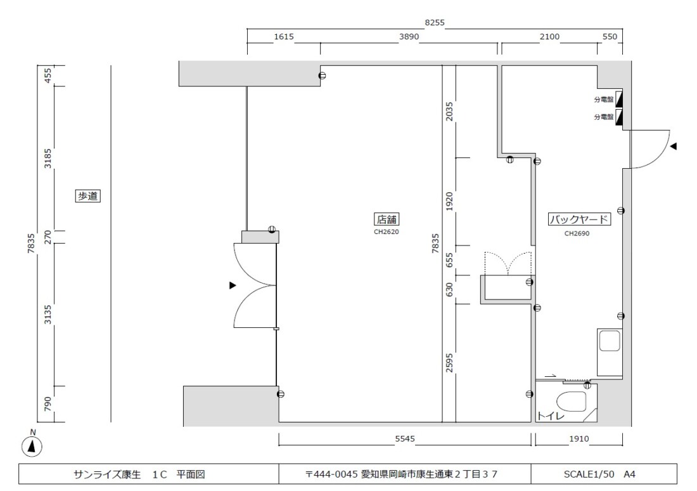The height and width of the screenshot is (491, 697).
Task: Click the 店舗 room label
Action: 387,219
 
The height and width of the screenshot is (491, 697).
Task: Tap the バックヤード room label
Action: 579,219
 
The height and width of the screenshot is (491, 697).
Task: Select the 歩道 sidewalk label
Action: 87,196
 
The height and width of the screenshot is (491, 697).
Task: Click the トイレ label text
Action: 551,416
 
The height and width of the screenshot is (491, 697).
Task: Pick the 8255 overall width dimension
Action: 434,23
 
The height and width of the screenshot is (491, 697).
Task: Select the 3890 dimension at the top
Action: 409,37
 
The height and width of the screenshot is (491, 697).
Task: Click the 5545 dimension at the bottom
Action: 404,438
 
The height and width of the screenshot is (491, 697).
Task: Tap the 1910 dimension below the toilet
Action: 579,438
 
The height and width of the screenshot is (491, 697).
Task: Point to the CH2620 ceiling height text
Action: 387,232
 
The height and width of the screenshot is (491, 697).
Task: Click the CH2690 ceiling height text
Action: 577,233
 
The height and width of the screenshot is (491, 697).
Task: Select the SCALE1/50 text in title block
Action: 589,474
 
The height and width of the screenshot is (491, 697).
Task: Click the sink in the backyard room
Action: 610,352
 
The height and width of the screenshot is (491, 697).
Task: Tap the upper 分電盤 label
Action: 604,99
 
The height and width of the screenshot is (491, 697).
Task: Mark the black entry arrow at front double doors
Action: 233,285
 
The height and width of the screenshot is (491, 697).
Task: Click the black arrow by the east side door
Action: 674,146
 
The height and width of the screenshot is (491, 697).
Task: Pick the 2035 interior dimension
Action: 449,111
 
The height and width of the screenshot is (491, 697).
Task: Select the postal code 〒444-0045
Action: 331,474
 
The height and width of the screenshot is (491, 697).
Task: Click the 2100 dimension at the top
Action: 549,37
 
